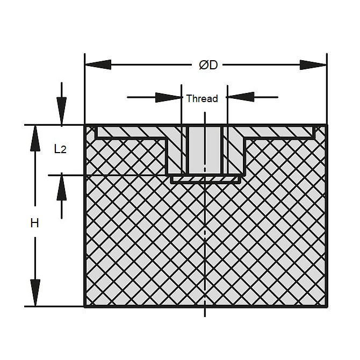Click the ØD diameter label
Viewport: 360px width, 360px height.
208,65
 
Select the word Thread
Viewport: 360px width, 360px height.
202,98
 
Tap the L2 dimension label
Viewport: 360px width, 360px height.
60,149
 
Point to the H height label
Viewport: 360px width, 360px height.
35,223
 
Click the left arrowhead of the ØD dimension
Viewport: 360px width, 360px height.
98,64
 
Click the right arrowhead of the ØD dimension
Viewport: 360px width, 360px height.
313,65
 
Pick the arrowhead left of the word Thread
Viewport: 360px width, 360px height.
168,97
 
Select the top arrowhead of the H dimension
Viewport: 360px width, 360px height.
35,139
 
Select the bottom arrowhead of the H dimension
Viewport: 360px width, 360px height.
35,293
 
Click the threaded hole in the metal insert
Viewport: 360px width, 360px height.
205,150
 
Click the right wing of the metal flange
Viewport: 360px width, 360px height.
279,133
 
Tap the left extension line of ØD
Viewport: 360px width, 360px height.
85,89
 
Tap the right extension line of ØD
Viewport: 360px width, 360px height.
327,89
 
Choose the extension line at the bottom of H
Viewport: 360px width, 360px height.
54,306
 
